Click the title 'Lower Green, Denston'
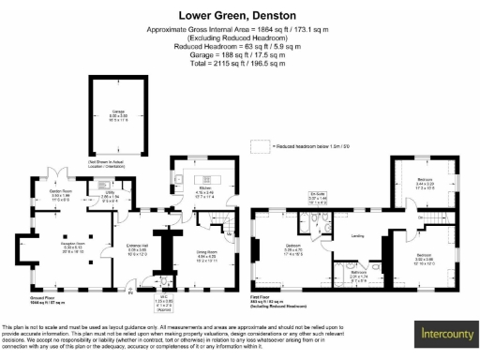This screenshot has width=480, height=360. click(239, 16)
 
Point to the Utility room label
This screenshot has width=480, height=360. click(109, 198)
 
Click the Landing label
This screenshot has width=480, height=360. click(357, 235)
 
